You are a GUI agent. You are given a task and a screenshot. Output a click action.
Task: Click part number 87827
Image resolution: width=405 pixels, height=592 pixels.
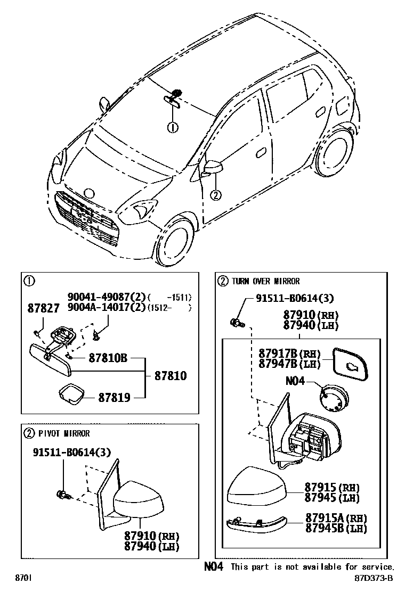click(x=44, y=309)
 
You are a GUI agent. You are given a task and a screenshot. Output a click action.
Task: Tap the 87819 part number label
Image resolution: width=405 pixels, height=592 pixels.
click(x=114, y=397)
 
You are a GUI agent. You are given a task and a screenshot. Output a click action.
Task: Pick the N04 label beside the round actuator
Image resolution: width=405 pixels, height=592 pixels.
click(x=296, y=381)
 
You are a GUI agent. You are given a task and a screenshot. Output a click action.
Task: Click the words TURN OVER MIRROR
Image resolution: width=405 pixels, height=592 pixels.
click(x=265, y=281)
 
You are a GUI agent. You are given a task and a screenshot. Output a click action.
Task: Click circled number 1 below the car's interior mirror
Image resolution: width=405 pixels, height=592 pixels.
click(x=173, y=127)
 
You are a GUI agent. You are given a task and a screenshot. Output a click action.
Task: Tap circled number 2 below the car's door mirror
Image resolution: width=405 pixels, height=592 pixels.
click(x=215, y=195)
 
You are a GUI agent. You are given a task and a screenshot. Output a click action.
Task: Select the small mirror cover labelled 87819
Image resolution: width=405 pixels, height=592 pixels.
click(x=70, y=393)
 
